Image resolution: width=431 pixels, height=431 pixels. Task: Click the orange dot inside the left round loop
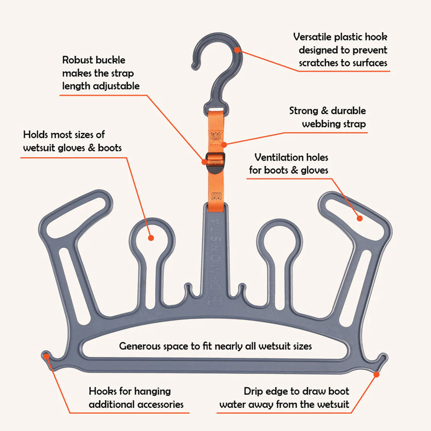pos(151,238)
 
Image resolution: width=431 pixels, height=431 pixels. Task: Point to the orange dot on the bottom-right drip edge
pos(381,360)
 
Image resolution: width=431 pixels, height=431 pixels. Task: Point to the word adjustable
pos(116,85)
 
